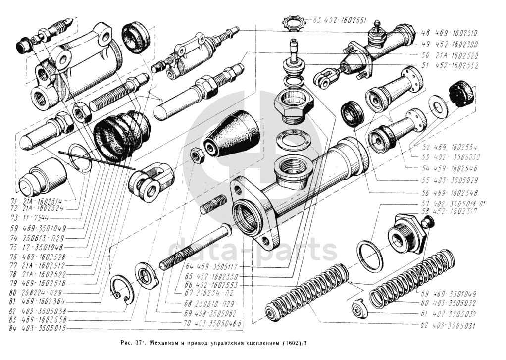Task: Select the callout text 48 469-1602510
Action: tap(449, 34)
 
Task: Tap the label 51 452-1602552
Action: tap(449, 65)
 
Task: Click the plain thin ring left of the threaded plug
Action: tap(369, 256)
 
